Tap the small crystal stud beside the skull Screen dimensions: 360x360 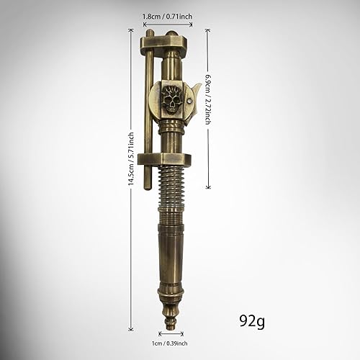[189, 104]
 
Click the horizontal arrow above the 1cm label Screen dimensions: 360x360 [171, 333]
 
